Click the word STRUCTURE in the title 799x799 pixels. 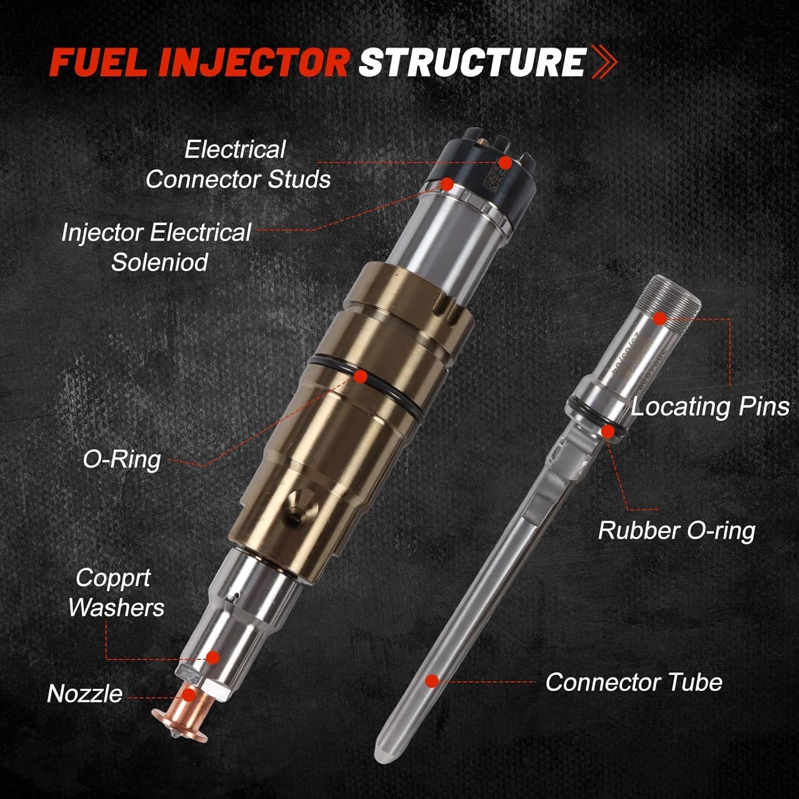pos(472,63)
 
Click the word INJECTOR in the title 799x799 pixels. pos(260,63)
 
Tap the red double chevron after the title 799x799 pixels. pos(605,63)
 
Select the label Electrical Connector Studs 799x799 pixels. pos(238,164)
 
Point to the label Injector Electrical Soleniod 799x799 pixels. pos(157,247)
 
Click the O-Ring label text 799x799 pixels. pos(121,459)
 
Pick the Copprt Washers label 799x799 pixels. pos(115,592)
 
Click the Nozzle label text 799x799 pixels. pos(84,694)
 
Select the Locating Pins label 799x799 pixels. pos(710,406)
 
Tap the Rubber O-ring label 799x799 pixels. pos(676,531)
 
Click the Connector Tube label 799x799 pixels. pos(633,682)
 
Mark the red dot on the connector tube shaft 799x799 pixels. pos(432,681)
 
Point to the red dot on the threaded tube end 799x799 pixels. pos(659,319)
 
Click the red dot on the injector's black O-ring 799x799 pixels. pos(361,377)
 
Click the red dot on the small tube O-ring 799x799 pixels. pos(607,431)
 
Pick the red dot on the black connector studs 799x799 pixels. pos(505,162)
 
